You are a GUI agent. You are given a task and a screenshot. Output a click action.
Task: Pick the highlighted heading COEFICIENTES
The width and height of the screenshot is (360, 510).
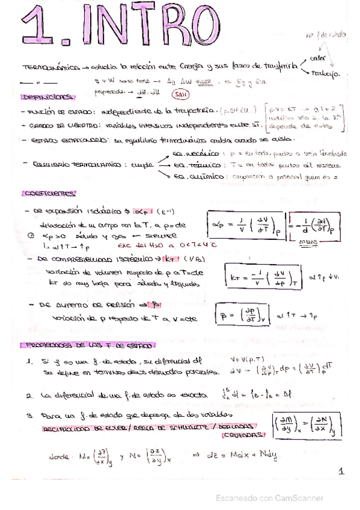tap(48, 194)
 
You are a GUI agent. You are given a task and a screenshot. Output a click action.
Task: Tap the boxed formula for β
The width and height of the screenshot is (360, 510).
tap(245, 313)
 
